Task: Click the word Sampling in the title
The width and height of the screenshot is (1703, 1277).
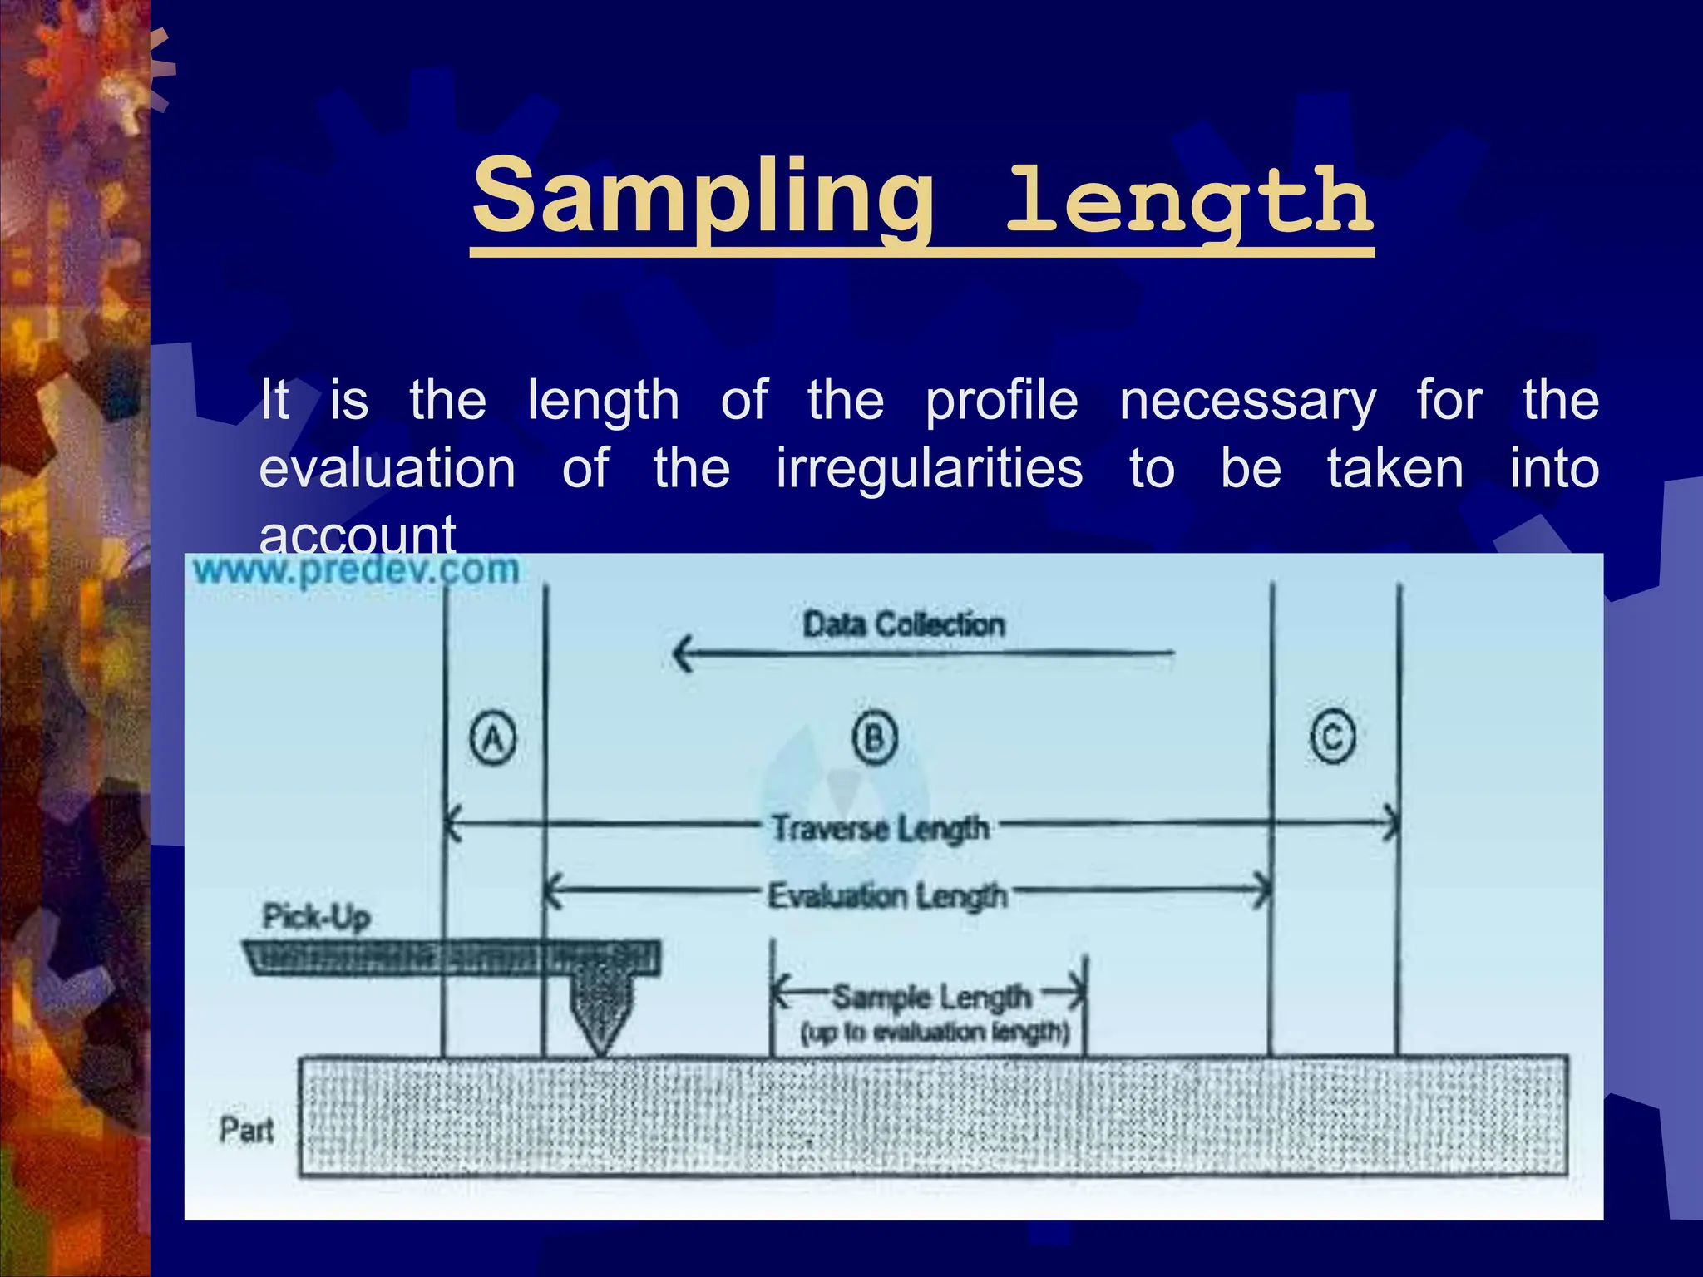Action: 703,198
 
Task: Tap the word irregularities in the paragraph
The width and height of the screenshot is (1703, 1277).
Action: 929,468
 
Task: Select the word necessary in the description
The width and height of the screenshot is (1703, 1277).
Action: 1247,401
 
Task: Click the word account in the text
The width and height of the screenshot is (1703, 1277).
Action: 358,535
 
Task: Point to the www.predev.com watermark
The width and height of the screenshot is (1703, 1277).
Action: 356,570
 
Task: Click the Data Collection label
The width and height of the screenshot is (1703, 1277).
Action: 903,624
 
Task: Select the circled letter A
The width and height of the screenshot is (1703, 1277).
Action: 493,738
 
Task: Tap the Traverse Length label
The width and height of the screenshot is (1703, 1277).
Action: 880,828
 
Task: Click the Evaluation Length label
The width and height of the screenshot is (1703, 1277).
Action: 886,896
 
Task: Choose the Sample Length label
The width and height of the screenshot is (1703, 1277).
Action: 931,996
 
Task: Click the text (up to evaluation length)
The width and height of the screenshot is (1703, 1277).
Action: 935,1033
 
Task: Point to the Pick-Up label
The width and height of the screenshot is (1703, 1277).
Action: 316,917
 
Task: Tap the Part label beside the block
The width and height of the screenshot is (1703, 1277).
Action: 246,1130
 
